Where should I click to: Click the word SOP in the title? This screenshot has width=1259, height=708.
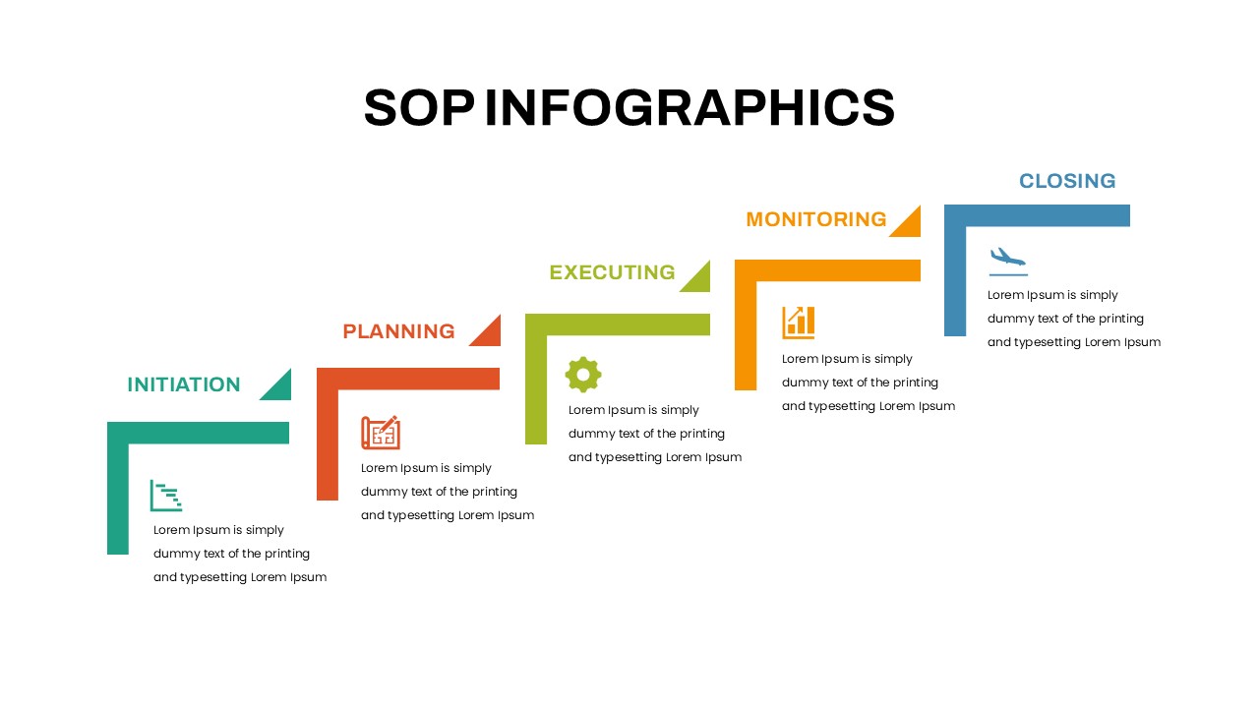[419, 107]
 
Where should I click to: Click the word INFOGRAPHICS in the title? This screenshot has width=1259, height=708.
[689, 107]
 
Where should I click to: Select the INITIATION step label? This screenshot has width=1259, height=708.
[184, 384]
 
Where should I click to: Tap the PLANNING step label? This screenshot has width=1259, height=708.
[398, 331]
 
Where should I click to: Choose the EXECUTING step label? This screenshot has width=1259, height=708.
[612, 272]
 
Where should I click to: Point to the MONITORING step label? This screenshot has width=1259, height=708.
[816, 219]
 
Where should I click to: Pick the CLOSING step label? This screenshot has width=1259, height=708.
[1067, 181]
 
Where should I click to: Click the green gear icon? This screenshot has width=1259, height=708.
[583, 375]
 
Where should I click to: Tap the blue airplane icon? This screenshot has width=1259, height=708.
[1008, 262]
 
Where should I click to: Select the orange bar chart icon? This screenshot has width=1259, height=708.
[798, 323]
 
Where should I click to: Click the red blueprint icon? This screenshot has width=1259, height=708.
[381, 432]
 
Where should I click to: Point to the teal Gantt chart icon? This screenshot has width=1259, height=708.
[166, 496]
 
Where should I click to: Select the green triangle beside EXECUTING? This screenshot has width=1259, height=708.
[699, 280]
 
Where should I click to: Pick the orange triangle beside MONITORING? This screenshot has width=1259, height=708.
[910, 226]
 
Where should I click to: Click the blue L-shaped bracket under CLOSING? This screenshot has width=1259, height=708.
[1037, 215]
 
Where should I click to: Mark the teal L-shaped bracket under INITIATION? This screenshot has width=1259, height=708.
[198, 434]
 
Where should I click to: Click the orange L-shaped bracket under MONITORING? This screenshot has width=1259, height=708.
[827, 270]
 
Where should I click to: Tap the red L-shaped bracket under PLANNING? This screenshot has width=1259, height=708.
[408, 379]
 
